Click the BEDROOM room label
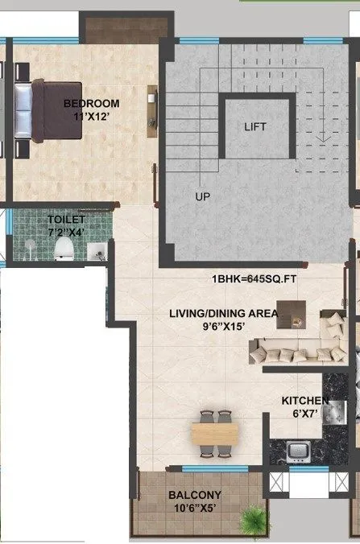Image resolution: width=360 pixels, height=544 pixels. pyautogui.click(x=92, y=103)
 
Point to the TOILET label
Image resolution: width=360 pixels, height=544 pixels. pyautogui.click(x=65, y=219)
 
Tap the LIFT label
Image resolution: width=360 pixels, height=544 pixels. pyautogui.click(x=254, y=127)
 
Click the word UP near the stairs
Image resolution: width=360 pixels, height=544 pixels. pyautogui.click(x=201, y=196)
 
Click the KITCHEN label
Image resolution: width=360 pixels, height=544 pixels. pyautogui.click(x=304, y=401)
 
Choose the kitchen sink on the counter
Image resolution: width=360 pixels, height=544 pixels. pyautogui.click(x=297, y=449)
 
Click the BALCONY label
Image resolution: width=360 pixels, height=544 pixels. pyautogui.click(x=195, y=495)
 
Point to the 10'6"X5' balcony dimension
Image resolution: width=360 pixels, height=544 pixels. pyautogui.click(x=195, y=508)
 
